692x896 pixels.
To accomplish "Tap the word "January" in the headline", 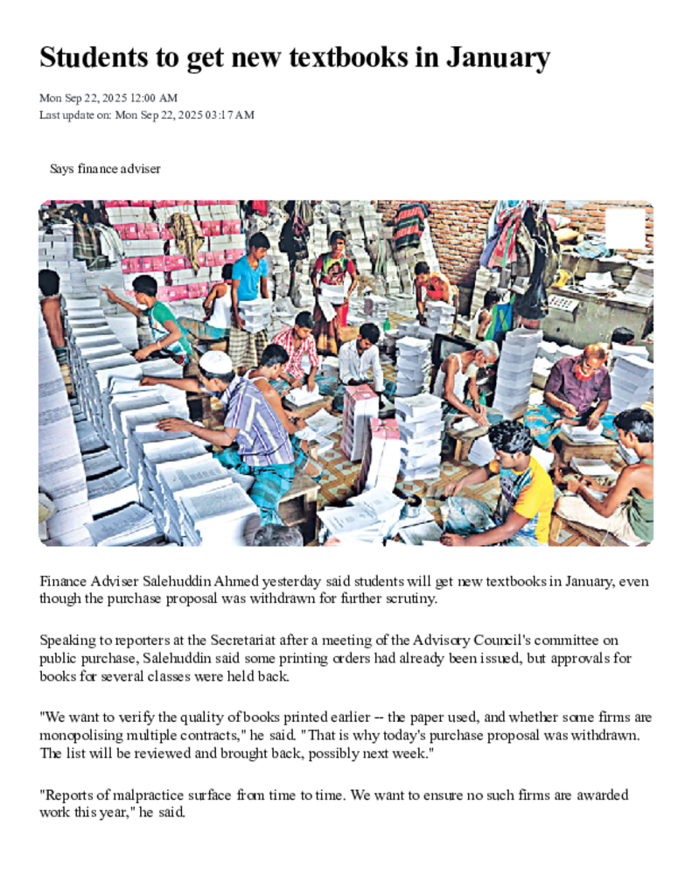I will [x=498, y=58].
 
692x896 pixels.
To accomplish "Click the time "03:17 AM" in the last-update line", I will [x=230, y=115].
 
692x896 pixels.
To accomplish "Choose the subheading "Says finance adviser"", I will [x=105, y=168].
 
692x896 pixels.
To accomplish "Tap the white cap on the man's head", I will [x=215, y=360].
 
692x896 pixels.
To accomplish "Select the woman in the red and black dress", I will [x=334, y=276].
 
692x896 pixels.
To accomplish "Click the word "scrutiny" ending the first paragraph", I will [x=410, y=599].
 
